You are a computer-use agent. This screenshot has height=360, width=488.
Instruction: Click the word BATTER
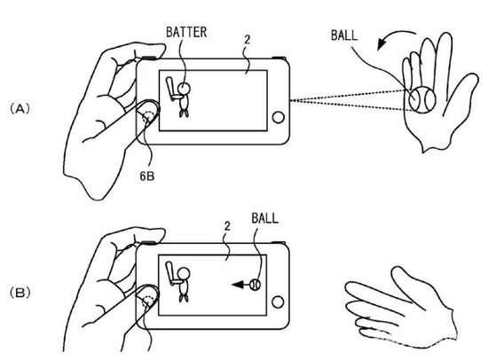coord(186,32)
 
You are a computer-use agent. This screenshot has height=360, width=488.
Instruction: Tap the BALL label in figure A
coord(344,35)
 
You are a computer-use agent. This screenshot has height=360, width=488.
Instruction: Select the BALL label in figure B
coord(265,218)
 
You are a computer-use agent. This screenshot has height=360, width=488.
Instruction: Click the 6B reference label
coord(147,176)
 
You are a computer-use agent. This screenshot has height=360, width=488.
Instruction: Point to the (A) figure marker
coord(20,109)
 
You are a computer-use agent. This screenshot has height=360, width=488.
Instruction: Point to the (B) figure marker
coord(20,293)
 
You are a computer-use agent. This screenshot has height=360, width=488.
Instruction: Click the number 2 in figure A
coord(248,40)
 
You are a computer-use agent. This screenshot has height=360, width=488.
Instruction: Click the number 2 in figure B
coord(227,226)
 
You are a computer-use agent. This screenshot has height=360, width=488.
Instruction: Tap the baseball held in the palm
coord(422,100)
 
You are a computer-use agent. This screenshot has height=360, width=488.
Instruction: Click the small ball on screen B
coord(256,285)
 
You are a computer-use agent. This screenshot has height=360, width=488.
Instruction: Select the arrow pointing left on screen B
coord(240,285)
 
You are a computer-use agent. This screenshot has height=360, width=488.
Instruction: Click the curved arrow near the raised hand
coord(393,36)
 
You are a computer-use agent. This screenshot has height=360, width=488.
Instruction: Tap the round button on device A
coord(278,117)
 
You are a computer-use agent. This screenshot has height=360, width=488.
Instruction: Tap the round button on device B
coord(278,301)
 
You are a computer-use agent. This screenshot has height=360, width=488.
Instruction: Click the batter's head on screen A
coord(184,89)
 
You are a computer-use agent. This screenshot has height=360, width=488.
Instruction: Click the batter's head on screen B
coord(184,273)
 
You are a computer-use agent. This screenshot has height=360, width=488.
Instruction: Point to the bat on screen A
coord(170,89)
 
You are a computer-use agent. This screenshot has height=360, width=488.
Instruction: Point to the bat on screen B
coord(170,273)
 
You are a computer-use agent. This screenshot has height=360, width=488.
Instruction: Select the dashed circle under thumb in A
coord(150,117)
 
